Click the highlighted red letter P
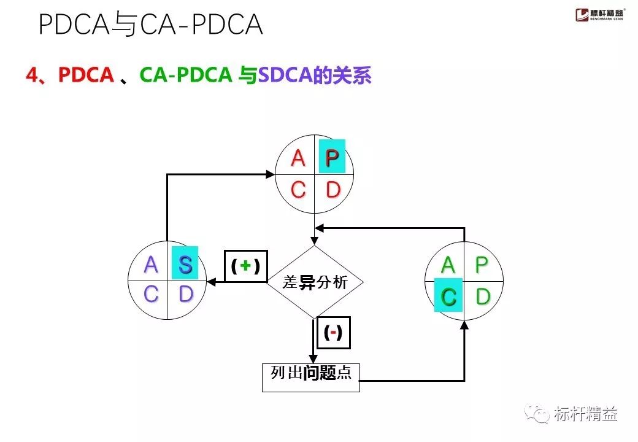pyautogui.click(x=332, y=158)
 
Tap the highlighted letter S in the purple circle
pyautogui.click(x=185, y=265)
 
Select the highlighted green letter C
pyautogui.click(x=448, y=297)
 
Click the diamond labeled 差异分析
pyautogui.click(x=315, y=282)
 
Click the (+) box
pyautogui.click(x=245, y=266)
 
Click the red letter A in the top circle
pyautogui.click(x=298, y=158)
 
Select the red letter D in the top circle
pyautogui.click(x=332, y=190)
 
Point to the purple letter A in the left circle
pyautogui.click(x=151, y=265)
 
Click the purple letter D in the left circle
pyautogui.click(x=185, y=295)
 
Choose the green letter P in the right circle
pyautogui.click(x=482, y=265)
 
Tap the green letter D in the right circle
pyautogui.click(x=483, y=297)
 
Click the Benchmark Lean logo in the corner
pyautogui.click(x=601, y=15)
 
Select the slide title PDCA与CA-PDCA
pyautogui.click(x=151, y=25)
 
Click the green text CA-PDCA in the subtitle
pyautogui.click(x=185, y=76)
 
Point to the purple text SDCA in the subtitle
pyautogui.click(x=284, y=76)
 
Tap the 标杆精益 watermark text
pyautogui.click(x=585, y=414)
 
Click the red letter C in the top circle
pyautogui.click(x=298, y=190)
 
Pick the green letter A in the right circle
pyautogui.click(x=448, y=265)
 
